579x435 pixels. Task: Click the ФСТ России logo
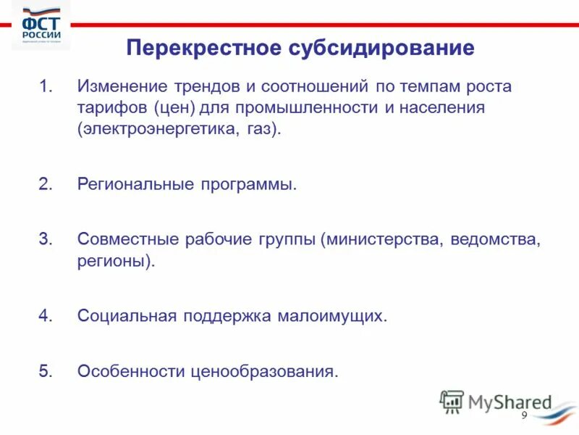coord(41,27)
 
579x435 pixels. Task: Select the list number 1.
coord(46,87)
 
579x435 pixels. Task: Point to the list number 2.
coord(46,183)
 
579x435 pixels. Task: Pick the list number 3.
coord(46,239)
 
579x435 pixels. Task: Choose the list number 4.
coord(46,316)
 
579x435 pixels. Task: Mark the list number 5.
coord(46,371)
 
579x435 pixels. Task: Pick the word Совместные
coord(127,239)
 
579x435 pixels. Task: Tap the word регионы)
coord(116,260)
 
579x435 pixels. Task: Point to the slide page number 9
coord(525,415)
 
